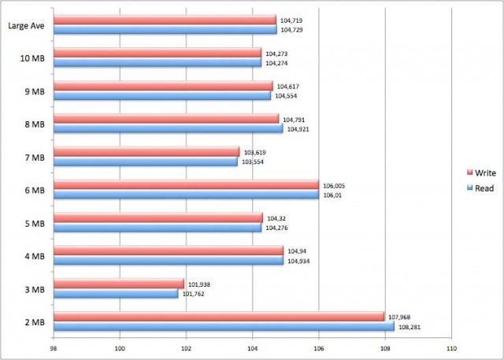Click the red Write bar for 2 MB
point(219,317)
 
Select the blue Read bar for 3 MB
point(116,294)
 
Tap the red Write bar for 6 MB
point(186,184)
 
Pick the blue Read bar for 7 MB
point(146,161)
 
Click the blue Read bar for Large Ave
point(165,30)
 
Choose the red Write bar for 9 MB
point(163,86)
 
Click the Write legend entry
point(481,173)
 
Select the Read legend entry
point(480,188)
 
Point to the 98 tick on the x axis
point(54,347)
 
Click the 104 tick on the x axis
point(252,347)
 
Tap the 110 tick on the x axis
point(451,347)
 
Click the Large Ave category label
point(26,26)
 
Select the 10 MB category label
point(32,58)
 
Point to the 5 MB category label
point(35,224)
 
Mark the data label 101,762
point(193,294)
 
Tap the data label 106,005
point(334,186)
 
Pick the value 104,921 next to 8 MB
point(298,130)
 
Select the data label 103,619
point(255,153)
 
